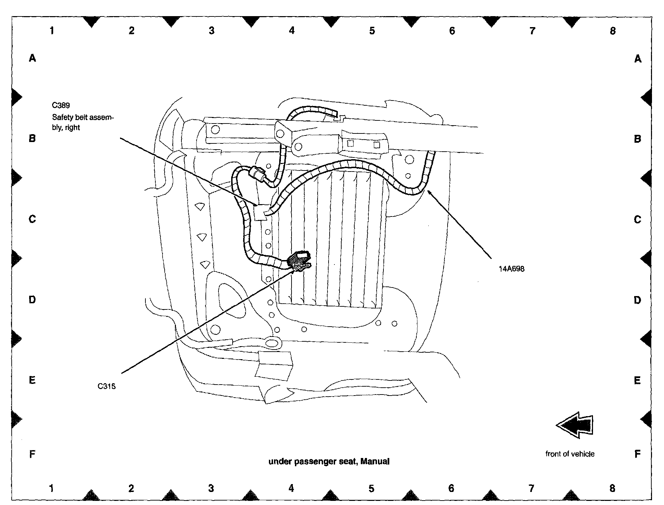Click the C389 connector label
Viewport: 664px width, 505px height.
tap(61, 105)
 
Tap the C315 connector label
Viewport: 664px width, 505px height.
tap(106, 386)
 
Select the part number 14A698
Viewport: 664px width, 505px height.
tap(511, 269)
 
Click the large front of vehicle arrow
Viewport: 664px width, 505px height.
tap(574, 425)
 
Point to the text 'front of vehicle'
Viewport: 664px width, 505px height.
tap(570, 454)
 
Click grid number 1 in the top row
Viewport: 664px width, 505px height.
tap(52, 31)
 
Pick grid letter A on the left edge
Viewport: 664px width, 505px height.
tap(32, 58)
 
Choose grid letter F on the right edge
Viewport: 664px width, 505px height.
tap(637, 454)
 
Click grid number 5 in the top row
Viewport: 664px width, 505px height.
tap(372, 31)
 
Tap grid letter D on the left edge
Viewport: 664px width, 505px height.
tap(32, 300)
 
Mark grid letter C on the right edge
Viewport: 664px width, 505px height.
tap(637, 219)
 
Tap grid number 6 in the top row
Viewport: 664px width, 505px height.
tap(452, 31)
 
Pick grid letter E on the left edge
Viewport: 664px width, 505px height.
tap(32, 380)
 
